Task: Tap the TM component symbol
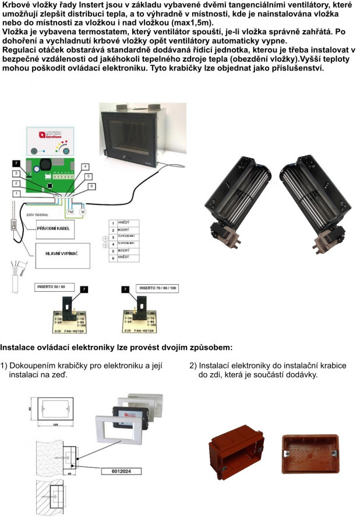(x=70, y=212)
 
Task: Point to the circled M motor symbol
(x=82, y=212)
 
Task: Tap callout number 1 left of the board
(x=17, y=193)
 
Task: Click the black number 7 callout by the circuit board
(x=16, y=164)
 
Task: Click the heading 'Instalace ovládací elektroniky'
(x=116, y=347)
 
